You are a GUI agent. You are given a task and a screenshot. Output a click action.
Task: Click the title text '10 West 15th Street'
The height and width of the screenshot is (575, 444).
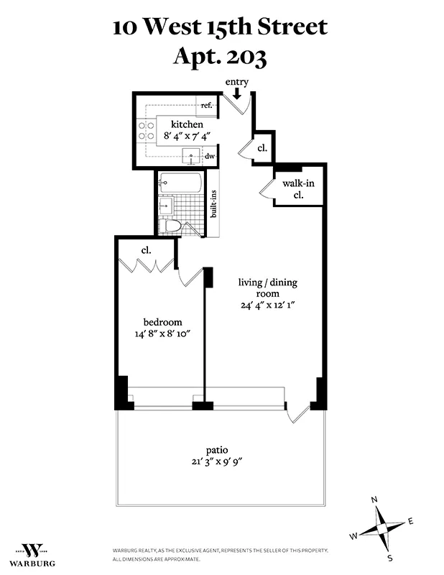coord(220,27)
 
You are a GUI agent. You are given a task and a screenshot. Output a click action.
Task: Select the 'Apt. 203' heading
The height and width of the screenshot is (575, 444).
coord(220,57)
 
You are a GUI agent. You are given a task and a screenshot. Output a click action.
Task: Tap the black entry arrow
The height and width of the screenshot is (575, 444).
coord(237,92)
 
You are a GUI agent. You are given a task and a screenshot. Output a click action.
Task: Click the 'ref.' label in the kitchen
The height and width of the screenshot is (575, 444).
coord(207,106)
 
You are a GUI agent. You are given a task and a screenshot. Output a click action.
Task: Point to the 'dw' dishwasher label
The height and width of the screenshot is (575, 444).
coord(210,155)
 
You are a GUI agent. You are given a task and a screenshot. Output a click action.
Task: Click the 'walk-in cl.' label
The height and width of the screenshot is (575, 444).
coord(298,189)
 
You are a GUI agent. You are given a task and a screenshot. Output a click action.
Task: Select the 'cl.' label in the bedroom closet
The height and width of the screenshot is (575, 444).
coord(145,251)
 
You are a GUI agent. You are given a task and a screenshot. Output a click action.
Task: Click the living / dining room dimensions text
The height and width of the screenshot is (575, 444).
coord(267,305)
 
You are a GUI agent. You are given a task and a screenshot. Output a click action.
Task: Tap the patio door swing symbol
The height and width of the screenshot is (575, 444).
coord(297,412)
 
